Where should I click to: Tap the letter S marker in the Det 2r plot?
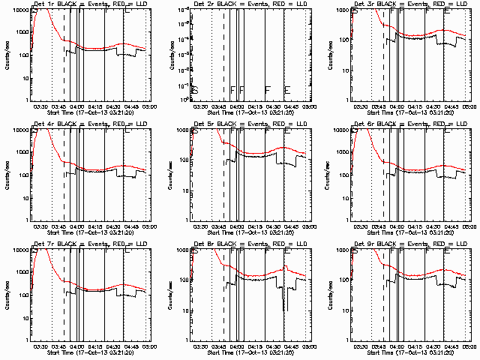pos(195,90)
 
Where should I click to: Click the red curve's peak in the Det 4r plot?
pos(42,129)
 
